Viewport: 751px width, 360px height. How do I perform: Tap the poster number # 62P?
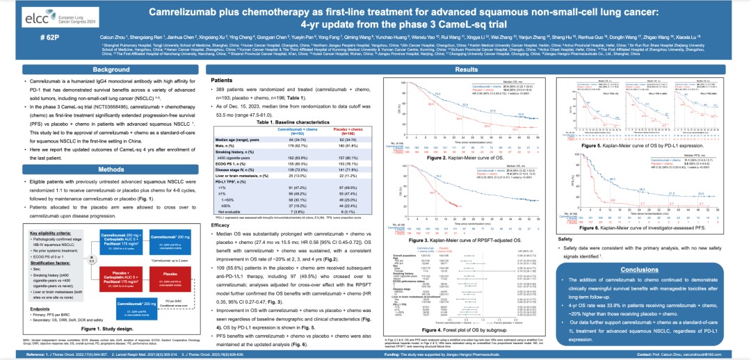(x=24, y=35)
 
